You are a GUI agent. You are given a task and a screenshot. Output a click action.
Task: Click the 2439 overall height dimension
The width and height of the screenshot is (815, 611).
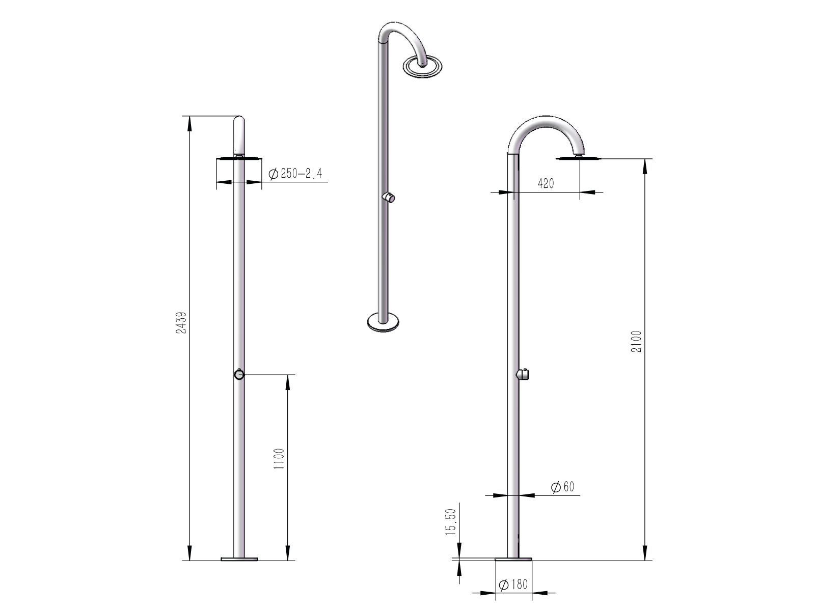pyautogui.click(x=181, y=322)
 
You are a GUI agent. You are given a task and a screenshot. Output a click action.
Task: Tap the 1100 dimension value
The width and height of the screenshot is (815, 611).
pyautogui.click(x=279, y=459)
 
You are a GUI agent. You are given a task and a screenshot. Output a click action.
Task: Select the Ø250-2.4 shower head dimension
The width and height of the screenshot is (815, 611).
pyautogui.click(x=295, y=174)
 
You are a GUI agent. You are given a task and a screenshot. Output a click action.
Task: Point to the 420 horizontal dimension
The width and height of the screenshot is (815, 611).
pyautogui.click(x=546, y=183)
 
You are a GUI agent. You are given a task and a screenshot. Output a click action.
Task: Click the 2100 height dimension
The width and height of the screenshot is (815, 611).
pyautogui.click(x=636, y=341)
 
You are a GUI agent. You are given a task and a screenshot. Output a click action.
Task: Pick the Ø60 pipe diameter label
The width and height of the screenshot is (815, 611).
pyautogui.click(x=562, y=487)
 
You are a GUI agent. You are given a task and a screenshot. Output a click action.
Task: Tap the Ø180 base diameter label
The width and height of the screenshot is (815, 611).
pyautogui.click(x=513, y=585)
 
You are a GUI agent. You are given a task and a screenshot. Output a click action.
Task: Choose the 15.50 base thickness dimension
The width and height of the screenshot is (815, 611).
pyautogui.click(x=450, y=521)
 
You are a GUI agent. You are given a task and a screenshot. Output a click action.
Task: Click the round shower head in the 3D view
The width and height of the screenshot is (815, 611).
pyautogui.click(x=423, y=66)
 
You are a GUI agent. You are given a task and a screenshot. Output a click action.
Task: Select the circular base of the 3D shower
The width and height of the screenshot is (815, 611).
pyautogui.click(x=383, y=322)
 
